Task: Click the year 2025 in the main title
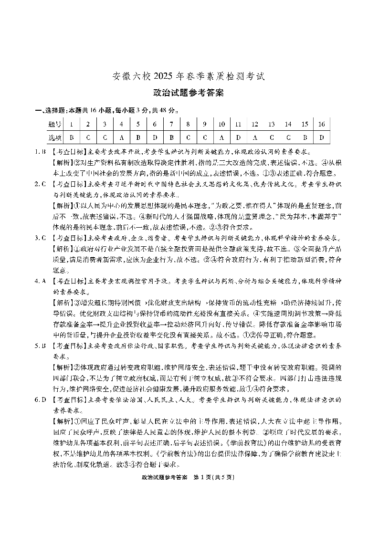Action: pos(162,76)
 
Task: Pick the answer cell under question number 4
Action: pos(121,137)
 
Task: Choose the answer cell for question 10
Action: pos(221,137)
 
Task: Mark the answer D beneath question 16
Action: pos(322,137)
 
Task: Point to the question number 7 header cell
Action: pos(171,125)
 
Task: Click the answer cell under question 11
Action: pos(238,137)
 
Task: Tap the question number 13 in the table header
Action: pos(271,125)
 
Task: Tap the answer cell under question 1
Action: pos(72,137)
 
